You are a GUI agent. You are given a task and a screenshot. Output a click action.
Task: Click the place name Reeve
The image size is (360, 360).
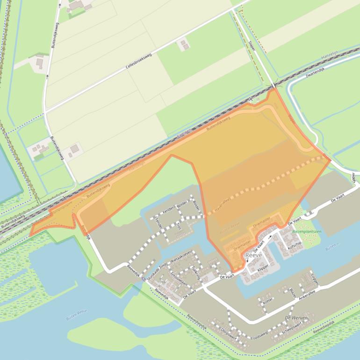click(x=253, y=255)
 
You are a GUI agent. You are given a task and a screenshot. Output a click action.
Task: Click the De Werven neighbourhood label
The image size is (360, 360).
click(x=294, y=318)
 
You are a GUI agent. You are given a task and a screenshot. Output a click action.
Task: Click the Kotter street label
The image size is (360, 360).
click(x=268, y=302)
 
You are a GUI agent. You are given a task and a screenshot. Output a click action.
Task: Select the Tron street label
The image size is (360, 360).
click(x=179, y=227)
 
